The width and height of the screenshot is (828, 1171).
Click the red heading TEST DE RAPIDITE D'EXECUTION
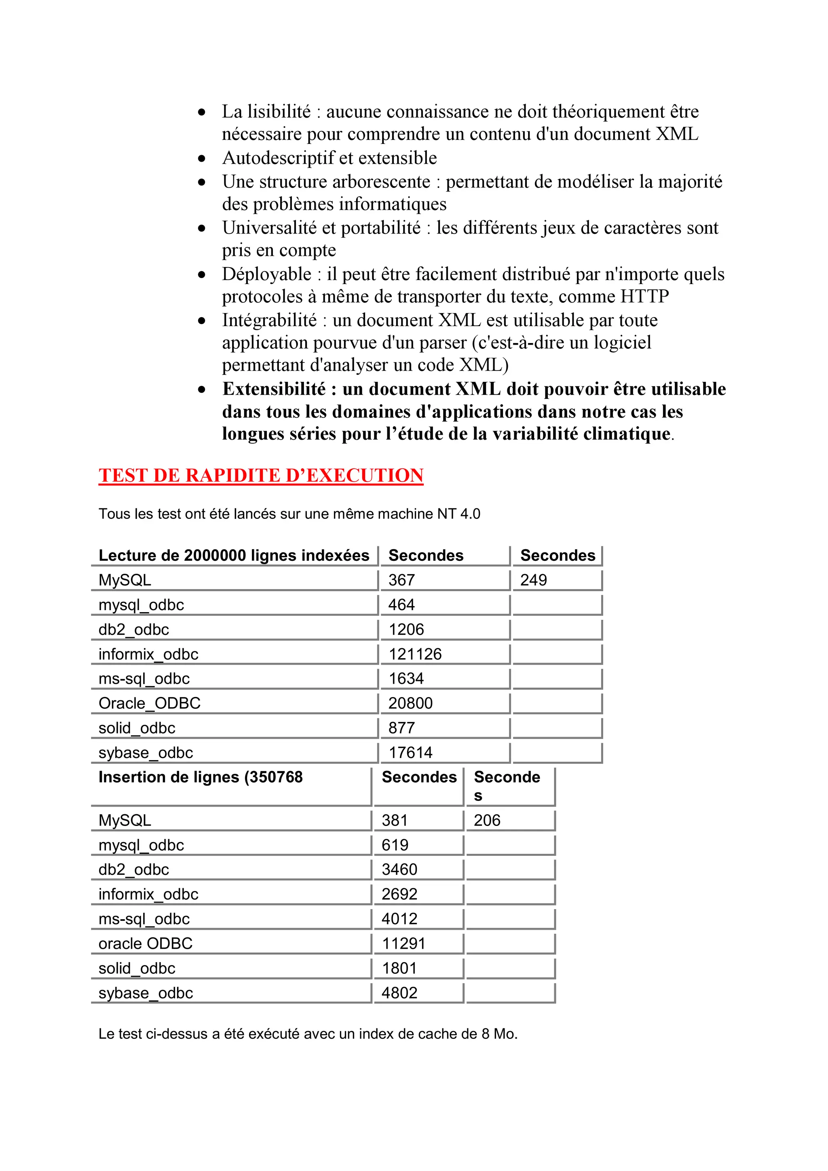pos(261,475)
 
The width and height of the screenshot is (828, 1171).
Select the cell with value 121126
pos(415,654)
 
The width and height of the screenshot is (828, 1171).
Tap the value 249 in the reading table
pos(533,580)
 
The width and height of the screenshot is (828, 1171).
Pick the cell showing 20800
pos(410,703)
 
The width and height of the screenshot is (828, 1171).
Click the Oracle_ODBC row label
pos(150,703)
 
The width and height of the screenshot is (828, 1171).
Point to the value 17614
pos(410,752)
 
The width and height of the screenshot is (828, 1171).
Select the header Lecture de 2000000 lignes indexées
pos(234,556)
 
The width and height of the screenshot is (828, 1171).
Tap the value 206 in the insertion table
pos(487,820)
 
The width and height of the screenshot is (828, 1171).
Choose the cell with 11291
pos(403,944)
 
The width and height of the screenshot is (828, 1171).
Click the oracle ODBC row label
pos(146,944)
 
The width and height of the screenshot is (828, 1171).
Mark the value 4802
pos(399,992)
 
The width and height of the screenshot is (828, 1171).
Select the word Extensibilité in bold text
pos(274,389)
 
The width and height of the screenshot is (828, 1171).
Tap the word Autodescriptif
pos(279,158)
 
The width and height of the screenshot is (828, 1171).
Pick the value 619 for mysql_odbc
pos(395,845)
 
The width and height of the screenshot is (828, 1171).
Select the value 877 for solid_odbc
pos(401,728)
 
